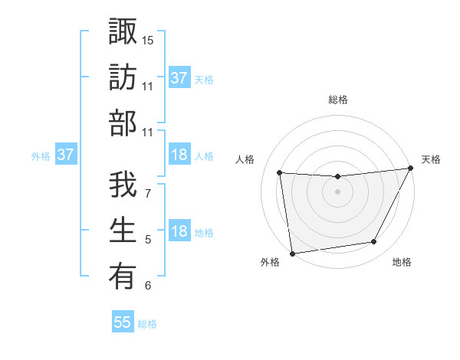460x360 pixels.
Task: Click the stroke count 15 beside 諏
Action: [148, 39]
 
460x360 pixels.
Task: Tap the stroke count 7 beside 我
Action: [147, 194]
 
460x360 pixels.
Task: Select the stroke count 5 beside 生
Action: [147, 240]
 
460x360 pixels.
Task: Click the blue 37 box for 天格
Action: [179, 78]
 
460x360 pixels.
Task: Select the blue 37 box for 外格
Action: [65, 155]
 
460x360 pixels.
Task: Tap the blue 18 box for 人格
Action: [179, 155]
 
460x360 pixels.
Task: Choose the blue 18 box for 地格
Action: [179, 232]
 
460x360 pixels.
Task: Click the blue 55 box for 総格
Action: [123, 322]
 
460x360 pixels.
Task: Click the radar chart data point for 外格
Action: [292, 253]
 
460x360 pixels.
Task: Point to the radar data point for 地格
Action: [374, 242]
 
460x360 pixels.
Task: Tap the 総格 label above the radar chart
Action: [337, 100]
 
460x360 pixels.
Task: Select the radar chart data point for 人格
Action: [279, 173]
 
